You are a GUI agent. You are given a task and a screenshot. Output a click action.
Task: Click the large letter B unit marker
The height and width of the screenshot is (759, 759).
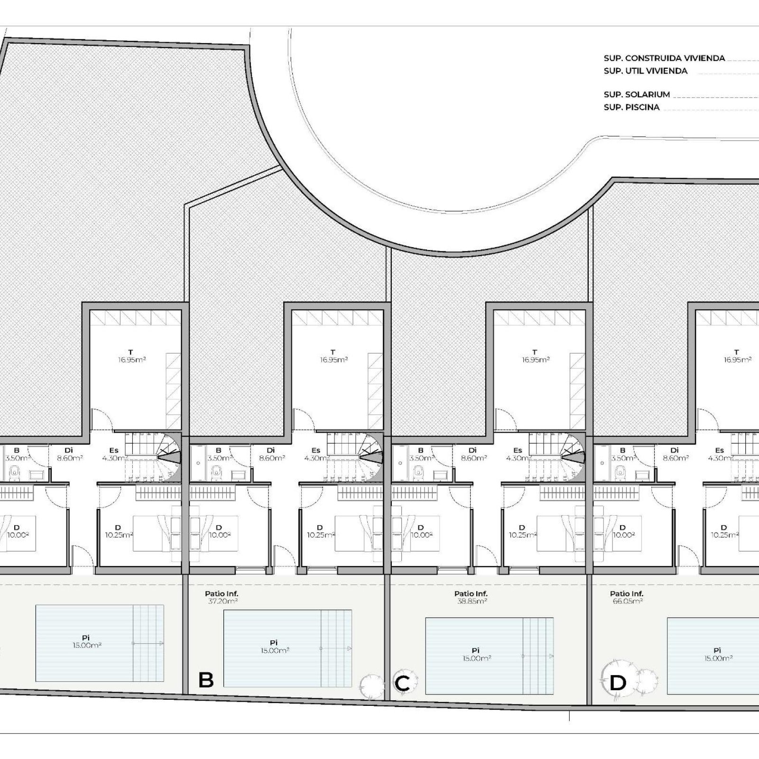point(206,680)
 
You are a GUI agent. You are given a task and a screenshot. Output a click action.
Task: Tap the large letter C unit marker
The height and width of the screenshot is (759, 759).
point(402,684)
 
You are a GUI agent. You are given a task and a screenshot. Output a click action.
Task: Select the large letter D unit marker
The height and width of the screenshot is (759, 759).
point(618,683)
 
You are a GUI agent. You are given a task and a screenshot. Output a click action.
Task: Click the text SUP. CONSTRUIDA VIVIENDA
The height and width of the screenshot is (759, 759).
point(664,58)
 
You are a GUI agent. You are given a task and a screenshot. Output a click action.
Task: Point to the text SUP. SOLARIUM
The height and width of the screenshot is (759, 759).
point(637,94)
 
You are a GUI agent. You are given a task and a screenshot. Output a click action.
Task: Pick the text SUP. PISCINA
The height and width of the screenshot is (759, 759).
point(631,107)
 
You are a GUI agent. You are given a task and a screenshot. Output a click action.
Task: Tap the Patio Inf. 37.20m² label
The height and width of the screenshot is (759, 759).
point(222,597)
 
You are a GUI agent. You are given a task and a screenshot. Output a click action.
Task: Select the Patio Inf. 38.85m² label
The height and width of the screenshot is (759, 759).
point(471,597)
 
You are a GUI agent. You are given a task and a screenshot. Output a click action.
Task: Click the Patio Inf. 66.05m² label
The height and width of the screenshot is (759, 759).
point(627,597)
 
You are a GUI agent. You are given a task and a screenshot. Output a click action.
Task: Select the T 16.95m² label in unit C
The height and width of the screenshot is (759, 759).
point(535,356)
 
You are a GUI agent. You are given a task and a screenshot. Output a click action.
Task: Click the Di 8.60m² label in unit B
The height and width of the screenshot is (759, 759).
point(271,454)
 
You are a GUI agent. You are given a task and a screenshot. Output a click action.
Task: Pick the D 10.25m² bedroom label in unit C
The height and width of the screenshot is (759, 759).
point(522,531)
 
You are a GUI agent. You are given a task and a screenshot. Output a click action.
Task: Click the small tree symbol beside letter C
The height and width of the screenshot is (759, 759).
point(371,686)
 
